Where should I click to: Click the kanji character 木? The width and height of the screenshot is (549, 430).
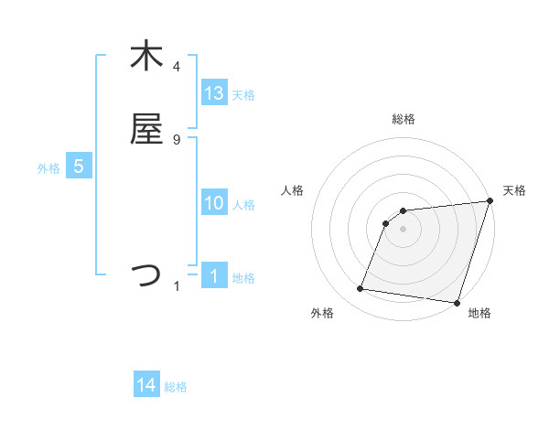(146, 57)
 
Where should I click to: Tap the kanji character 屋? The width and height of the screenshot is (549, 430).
(146, 129)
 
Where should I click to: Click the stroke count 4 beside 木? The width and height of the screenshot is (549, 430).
(177, 67)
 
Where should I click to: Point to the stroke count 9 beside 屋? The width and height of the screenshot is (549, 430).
(177, 139)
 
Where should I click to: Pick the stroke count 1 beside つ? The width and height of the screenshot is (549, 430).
(178, 286)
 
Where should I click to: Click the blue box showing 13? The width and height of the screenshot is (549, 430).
(214, 92)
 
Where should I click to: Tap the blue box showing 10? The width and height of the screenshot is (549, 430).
(214, 203)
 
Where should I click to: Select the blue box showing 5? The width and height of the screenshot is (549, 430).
(79, 167)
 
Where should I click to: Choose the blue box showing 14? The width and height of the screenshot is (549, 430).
(146, 385)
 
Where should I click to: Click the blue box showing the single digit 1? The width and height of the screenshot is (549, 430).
(214, 276)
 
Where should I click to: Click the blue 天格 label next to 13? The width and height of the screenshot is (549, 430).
(243, 95)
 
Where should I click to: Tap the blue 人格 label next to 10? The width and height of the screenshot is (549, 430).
(243, 205)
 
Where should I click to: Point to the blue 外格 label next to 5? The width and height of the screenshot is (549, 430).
(48, 168)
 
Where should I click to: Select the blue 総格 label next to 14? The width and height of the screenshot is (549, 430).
(176, 387)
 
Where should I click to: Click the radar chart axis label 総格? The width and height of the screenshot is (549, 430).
(404, 119)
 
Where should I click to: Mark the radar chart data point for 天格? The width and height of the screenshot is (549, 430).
(490, 202)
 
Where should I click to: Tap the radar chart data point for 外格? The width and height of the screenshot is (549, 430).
(361, 289)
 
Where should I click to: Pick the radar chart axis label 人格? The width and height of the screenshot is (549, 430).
(293, 190)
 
